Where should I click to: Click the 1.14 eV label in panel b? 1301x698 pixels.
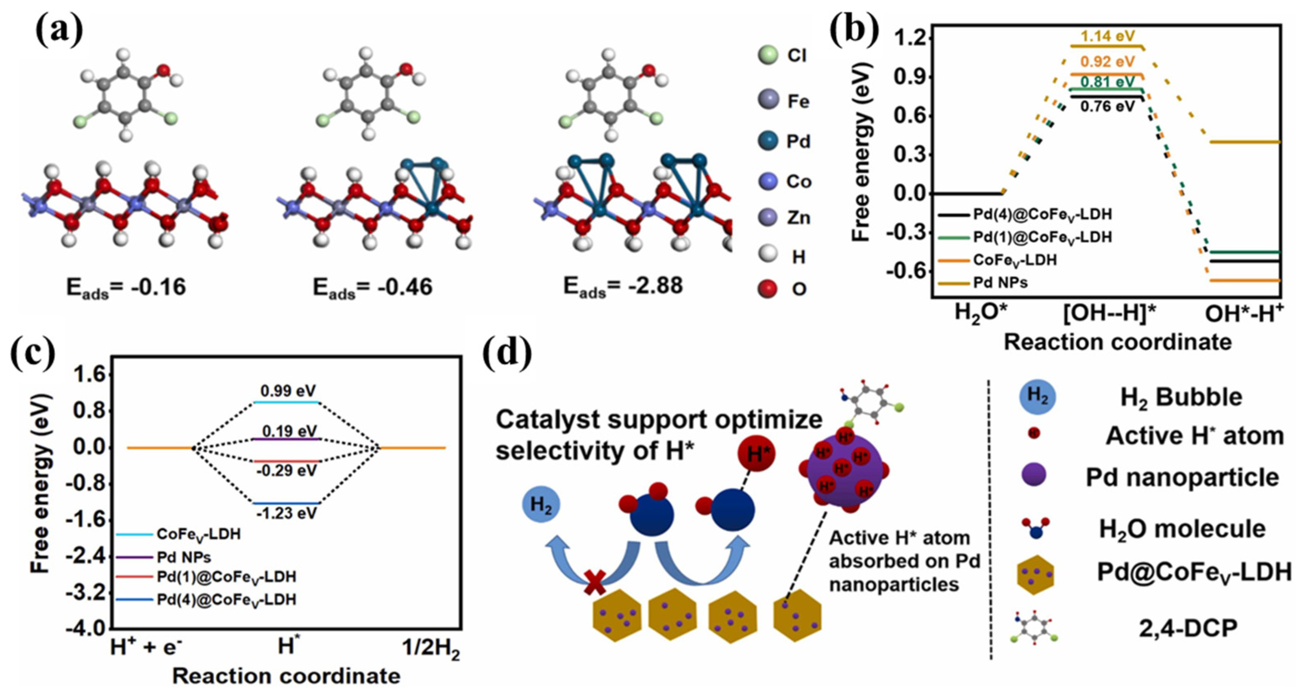tap(1107, 36)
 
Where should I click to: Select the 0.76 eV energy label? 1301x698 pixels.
tap(1107, 107)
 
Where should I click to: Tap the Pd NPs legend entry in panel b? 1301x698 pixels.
tap(1000, 283)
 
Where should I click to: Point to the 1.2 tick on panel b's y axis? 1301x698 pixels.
tap(911, 38)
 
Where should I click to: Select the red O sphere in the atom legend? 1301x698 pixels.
tap(768, 289)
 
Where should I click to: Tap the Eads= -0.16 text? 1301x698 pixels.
tap(126, 287)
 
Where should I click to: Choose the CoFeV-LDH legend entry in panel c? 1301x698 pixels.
tap(198, 534)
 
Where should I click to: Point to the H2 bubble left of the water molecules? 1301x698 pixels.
tap(541, 504)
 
